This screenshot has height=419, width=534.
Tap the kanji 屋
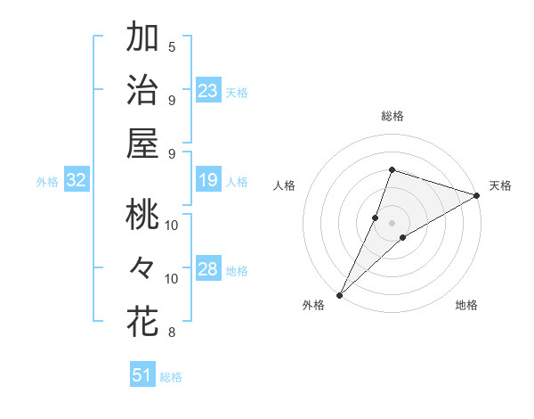pos(143,144)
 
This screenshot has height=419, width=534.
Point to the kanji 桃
pos(143,216)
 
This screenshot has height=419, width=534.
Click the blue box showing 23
pos(208,91)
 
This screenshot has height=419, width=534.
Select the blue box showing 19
pos(208,181)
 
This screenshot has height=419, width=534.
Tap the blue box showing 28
pos(208,270)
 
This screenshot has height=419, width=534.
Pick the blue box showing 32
pos(77,181)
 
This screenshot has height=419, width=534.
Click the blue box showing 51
pos(142,375)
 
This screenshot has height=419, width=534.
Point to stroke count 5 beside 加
pos(172,46)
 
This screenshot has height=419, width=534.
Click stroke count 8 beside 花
pos(172,333)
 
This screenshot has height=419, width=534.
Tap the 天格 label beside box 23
pos(237,92)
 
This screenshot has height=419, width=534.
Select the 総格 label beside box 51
pos(171,377)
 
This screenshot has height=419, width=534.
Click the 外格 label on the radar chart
pos(313,306)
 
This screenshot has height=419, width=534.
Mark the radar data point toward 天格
pos(477,196)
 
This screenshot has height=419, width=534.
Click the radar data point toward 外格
pos(339,294)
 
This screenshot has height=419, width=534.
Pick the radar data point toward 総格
pos(392,169)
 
